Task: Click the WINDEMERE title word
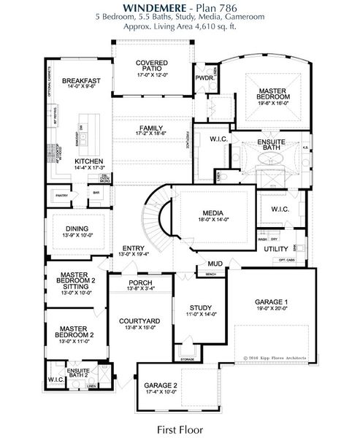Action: coord(144,7)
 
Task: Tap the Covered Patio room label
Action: coord(152,68)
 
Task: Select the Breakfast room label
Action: coord(80,80)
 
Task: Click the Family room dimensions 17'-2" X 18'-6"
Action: coord(151,135)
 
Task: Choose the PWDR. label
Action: coord(204,77)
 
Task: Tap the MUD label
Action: coord(215,264)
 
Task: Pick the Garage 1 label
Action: coord(271,301)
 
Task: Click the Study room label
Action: coord(199,307)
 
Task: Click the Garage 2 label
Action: coord(161,385)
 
